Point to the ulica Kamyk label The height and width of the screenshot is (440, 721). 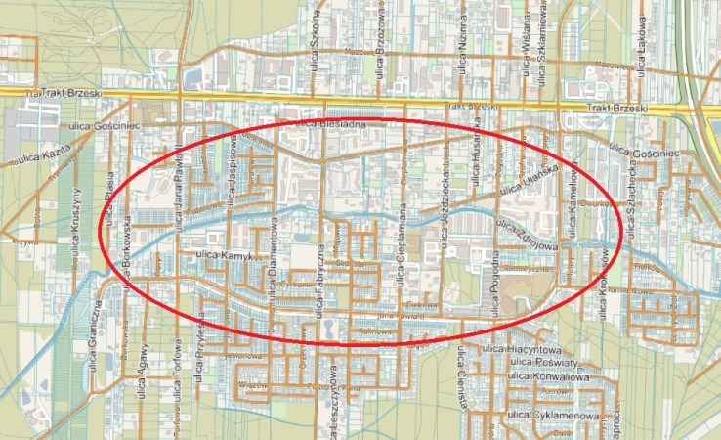click(x=225, y=254)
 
